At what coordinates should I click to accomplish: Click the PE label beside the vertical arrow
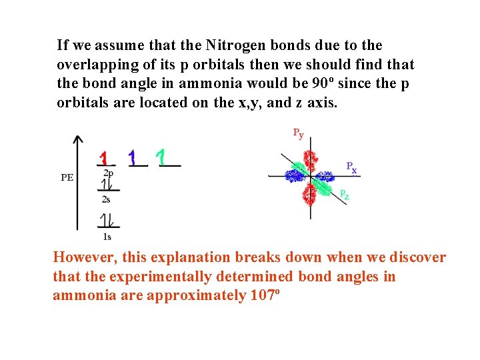pyautogui.click(x=67, y=177)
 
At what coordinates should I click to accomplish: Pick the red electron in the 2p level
pyautogui.click(x=103, y=158)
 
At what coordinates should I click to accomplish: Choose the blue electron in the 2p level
pyautogui.click(x=133, y=157)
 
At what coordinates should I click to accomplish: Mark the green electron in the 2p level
pyautogui.click(x=161, y=157)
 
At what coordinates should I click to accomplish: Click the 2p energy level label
pyautogui.click(x=107, y=173)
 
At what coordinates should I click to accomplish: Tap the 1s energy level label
pyautogui.click(x=107, y=236)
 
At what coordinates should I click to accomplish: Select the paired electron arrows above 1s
pyautogui.click(x=106, y=221)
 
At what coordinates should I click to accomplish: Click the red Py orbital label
pyautogui.click(x=298, y=133)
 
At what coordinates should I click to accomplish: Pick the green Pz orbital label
pyautogui.click(x=344, y=195)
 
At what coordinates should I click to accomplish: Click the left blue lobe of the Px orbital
pyautogui.click(x=294, y=175)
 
